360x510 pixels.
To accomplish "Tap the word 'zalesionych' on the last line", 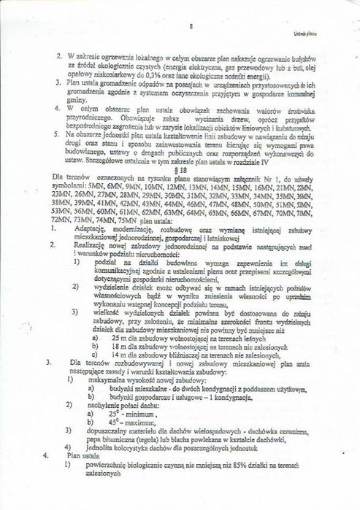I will (104, 494).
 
